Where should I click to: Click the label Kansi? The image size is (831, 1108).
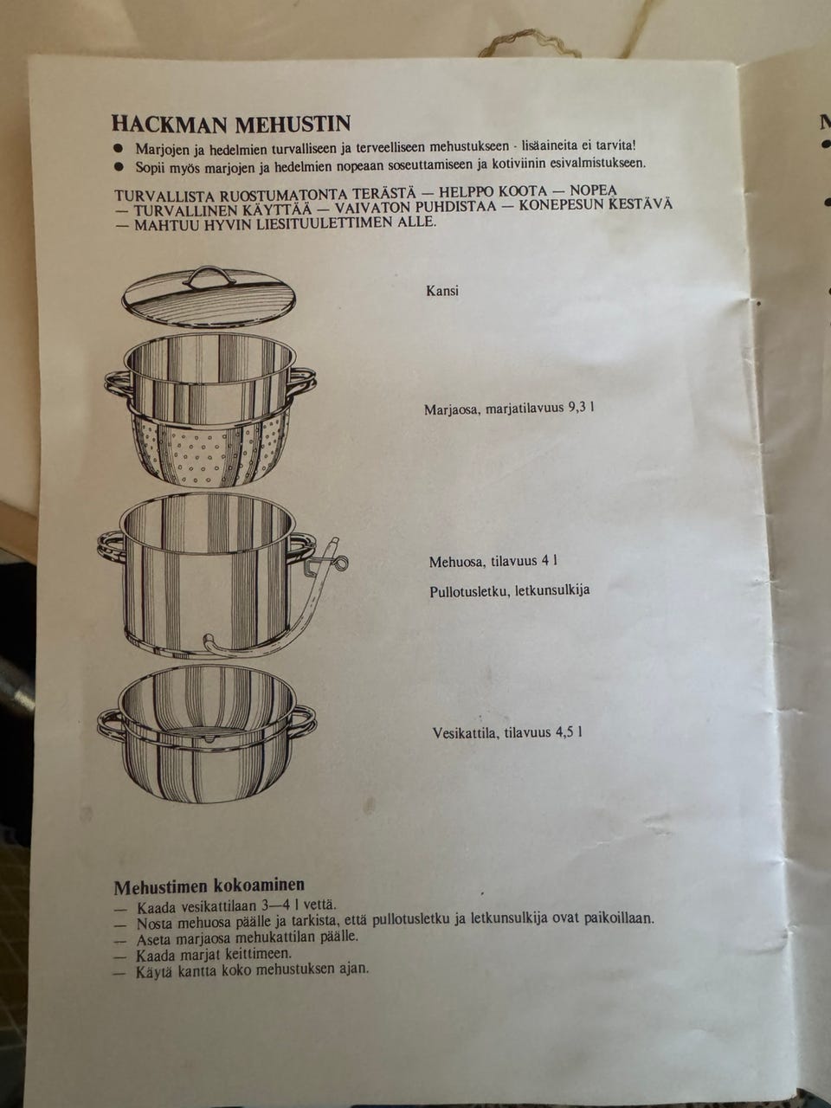click(442, 291)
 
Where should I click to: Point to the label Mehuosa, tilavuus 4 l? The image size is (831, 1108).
click(493, 561)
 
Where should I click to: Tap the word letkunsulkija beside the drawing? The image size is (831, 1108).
click(551, 590)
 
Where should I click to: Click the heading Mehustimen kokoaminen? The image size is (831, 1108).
click(209, 886)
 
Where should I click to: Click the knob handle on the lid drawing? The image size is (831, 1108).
click(209, 277)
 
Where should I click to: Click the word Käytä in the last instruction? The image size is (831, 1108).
click(154, 970)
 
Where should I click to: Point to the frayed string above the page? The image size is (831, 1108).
click(530, 44)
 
